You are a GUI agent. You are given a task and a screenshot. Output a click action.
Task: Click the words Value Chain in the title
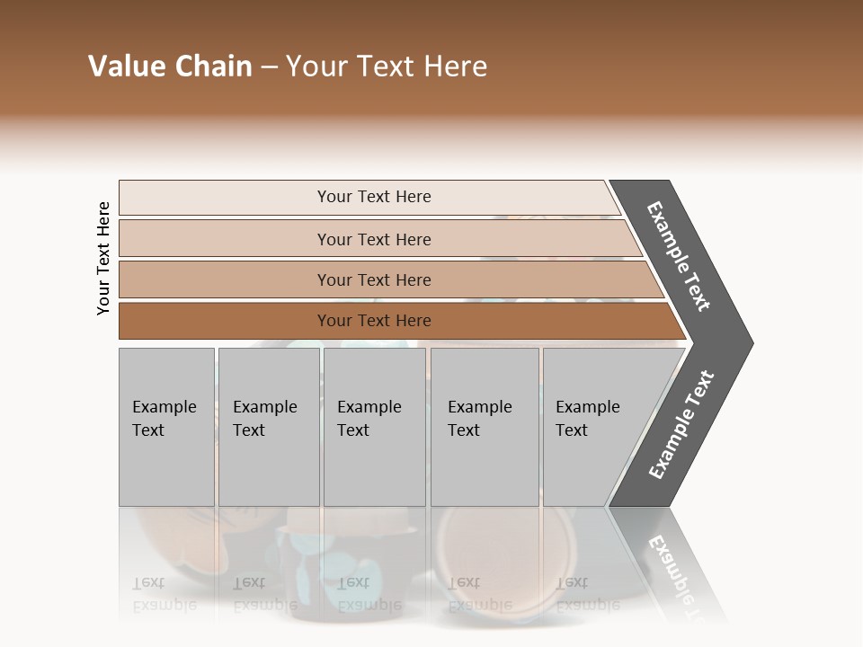(170, 66)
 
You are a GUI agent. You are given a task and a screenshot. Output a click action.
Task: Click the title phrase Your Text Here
(387, 66)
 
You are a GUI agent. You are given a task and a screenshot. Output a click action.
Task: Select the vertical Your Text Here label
(103, 258)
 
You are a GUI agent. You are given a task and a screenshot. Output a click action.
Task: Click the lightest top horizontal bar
(373, 197)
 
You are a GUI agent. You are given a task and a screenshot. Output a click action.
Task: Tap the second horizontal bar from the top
(373, 239)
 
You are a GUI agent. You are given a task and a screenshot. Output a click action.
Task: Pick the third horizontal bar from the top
(373, 279)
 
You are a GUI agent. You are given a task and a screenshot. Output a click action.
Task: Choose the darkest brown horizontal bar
(373, 321)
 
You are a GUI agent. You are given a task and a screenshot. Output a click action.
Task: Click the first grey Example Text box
(165, 427)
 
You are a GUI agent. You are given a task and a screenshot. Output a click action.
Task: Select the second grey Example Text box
(268, 427)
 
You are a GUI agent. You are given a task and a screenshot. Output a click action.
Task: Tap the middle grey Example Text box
(374, 427)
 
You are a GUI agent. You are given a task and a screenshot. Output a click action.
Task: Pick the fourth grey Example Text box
(484, 427)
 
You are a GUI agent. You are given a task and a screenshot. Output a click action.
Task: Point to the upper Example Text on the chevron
(680, 256)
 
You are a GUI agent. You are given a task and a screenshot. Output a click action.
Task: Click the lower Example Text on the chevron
(681, 424)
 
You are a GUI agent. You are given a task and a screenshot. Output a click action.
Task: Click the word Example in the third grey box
(369, 407)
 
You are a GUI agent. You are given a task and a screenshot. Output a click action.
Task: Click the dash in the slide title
(269, 67)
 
